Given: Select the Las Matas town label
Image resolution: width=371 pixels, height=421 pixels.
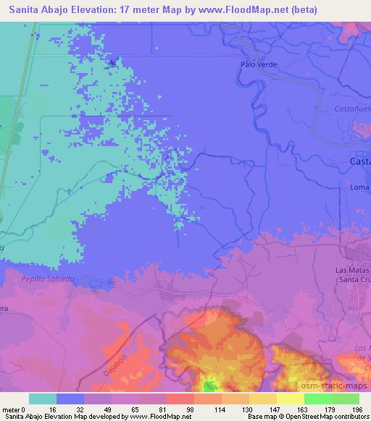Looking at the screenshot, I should click(x=351, y=270).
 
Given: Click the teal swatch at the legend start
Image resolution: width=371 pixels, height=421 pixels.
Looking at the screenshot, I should click(x=43, y=399).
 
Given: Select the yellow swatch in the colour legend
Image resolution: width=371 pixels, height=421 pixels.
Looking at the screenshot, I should click(x=291, y=399).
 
